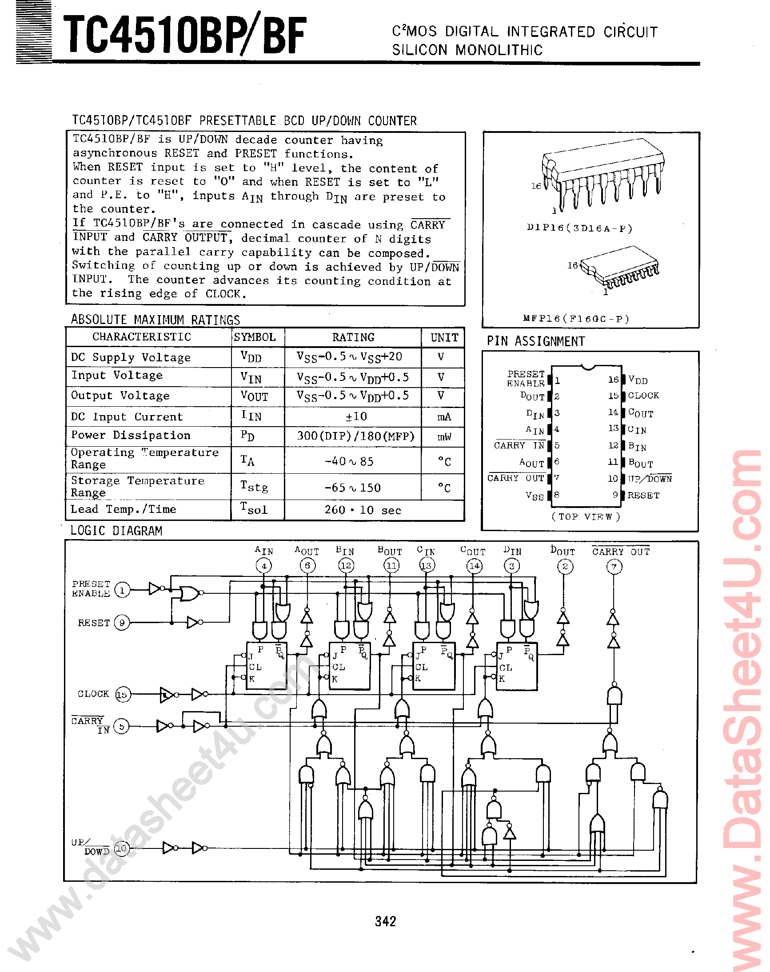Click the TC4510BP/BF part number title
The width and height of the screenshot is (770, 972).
coord(185,35)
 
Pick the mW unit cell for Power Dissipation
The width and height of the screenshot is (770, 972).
coord(443,436)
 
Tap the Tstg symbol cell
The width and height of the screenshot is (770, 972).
coord(254,487)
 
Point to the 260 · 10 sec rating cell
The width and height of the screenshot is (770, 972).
coord(363,510)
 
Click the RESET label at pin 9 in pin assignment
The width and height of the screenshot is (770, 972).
coord(643,496)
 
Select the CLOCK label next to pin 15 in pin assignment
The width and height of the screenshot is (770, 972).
coord(643,396)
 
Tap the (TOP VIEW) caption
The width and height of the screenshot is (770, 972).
coord(586,516)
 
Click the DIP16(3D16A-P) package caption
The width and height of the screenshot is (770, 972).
coord(580,228)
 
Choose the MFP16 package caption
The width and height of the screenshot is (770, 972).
coord(576,319)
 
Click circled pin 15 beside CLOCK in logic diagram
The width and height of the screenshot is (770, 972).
coord(122,695)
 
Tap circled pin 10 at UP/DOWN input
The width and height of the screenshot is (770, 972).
coord(121,849)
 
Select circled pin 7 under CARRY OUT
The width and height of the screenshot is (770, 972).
coord(614,566)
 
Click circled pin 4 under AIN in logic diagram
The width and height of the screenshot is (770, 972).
coord(264,566)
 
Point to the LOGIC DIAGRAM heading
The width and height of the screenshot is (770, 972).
coord(116,531)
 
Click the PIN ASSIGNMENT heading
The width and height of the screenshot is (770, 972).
coord(535,341)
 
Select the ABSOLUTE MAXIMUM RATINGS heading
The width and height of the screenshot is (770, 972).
coord(155,320)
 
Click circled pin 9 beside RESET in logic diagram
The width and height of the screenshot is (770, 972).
coord(122,623)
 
